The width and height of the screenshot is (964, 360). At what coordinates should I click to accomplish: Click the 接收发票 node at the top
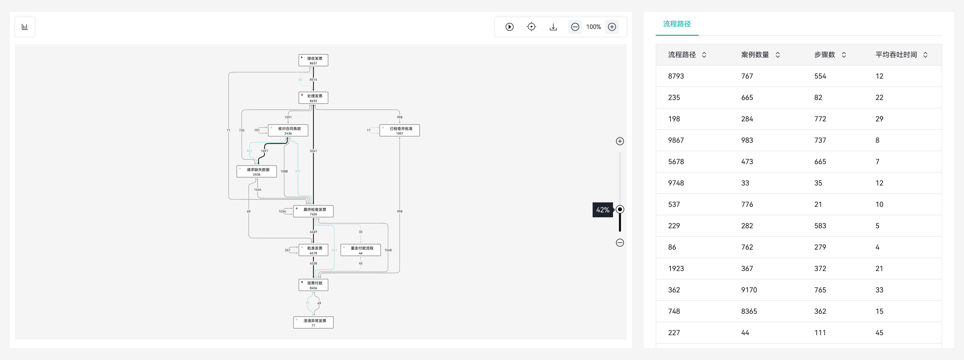coord(313,60)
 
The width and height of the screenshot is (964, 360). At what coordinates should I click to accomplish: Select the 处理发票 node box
coord(313,98)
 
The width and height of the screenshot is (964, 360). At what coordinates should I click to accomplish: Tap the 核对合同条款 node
coord(288,130)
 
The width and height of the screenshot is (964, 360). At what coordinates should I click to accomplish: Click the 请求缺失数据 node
coord(257,171)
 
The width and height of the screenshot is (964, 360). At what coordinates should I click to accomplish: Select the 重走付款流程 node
coord(360,250)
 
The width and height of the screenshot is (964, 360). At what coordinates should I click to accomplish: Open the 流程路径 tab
coord(677,24)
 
